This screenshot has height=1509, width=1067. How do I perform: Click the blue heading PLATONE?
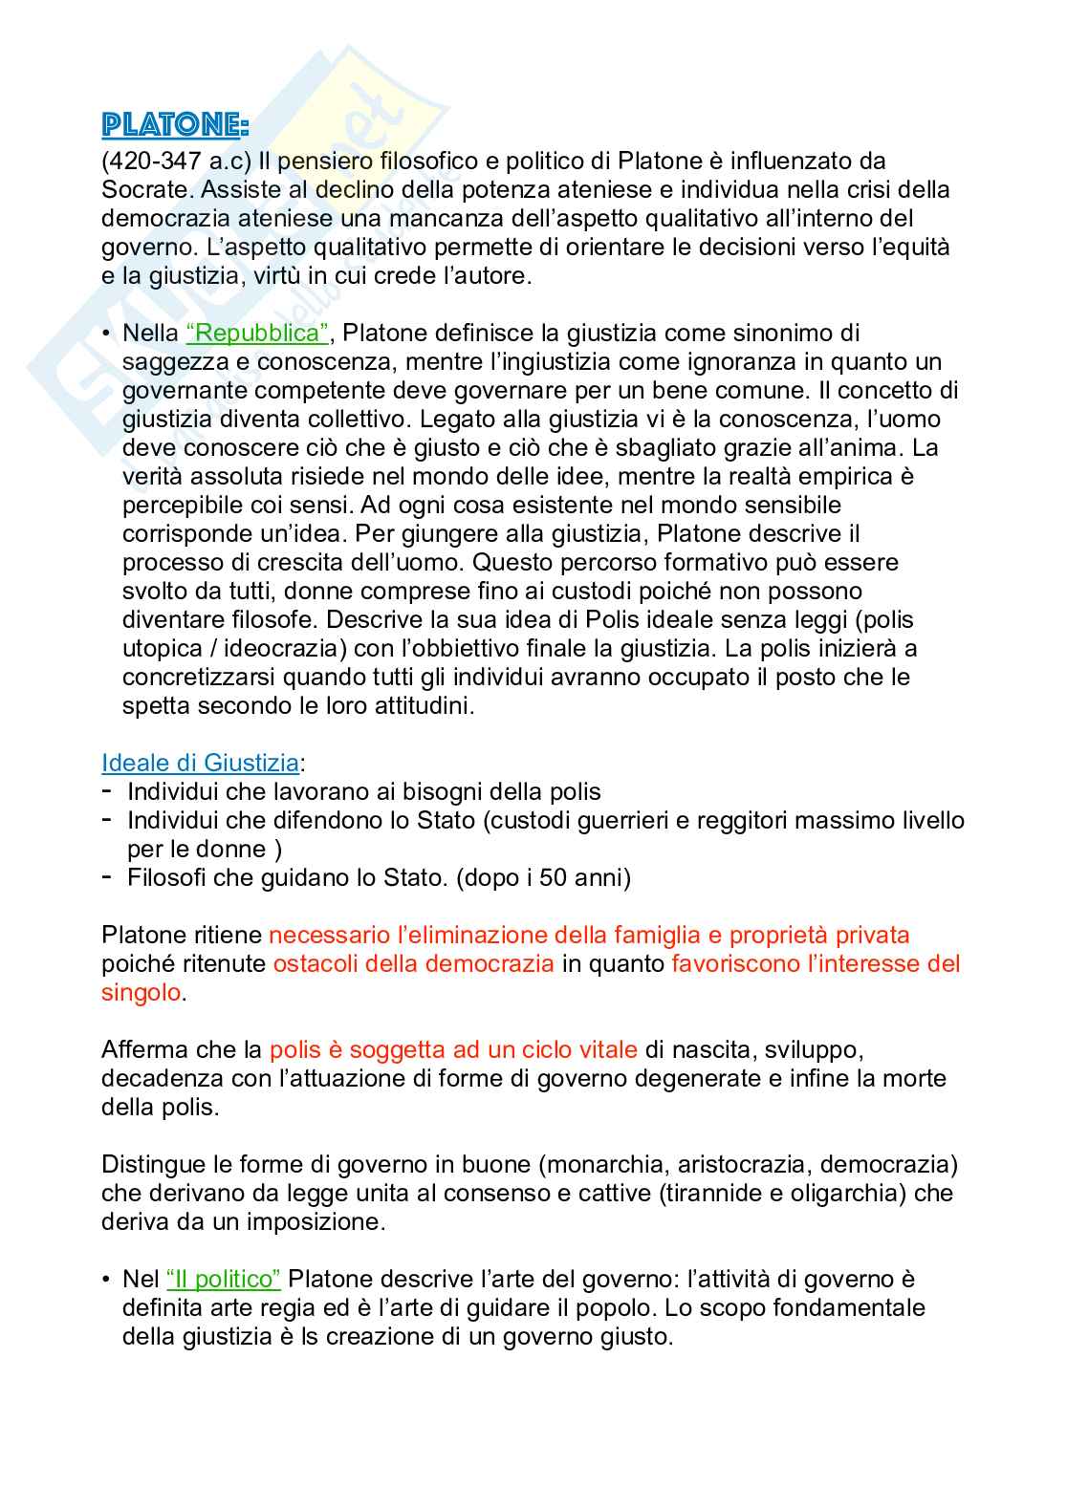175,126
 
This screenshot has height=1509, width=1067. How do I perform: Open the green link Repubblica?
258,333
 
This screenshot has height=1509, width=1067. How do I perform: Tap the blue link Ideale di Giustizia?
200,763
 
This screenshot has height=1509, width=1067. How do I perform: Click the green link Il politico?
223,1279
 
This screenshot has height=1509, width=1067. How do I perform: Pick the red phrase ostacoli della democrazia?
413,963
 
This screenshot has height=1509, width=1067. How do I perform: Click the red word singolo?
142,992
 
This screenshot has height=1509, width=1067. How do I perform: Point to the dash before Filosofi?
108,876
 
